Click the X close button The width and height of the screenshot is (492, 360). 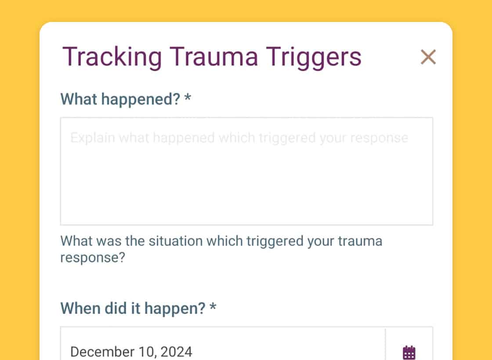point(428,57)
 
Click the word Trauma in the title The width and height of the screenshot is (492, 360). point(213,57)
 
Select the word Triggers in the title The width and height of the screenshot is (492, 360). point(314,58)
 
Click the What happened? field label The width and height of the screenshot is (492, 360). point(120,99)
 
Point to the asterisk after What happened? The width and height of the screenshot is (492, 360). point(188,97)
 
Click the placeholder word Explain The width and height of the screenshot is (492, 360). point(93,138)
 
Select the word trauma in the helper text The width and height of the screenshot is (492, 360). point(360,241)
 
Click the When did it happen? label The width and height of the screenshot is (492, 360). point(133,309)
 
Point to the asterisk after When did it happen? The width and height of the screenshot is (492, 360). point(213,306)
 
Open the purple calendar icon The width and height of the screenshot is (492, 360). point(409,352)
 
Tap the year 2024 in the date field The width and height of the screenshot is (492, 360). point(176,352)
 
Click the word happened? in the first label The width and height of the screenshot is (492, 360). point(141,100)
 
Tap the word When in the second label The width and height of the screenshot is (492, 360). point(80,308)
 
